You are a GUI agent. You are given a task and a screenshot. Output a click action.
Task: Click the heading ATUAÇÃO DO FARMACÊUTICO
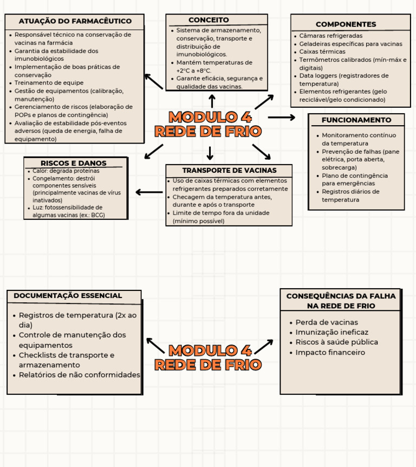coord(75,21)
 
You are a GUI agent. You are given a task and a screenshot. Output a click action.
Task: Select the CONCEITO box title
coord(209,20)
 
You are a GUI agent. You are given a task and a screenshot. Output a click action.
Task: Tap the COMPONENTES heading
coord(346,24)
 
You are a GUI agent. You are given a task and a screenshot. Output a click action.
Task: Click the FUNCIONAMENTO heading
coord(356,120)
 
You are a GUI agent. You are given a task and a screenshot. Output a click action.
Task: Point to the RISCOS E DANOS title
coord(74,163)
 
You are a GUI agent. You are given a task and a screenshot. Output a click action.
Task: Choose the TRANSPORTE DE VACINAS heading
coord(229,170)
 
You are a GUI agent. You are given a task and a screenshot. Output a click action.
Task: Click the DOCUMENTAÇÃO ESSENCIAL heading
coord(68,296)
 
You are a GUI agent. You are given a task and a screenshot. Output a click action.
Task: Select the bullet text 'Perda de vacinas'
coord(327,322)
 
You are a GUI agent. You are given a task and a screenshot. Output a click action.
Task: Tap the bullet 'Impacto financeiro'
coord(330,353)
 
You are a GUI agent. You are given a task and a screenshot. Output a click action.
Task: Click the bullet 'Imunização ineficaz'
coord(331,332)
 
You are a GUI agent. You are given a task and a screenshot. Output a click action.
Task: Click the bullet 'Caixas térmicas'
coord(322,51)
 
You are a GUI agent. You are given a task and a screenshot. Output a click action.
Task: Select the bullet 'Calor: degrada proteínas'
coord(66,171)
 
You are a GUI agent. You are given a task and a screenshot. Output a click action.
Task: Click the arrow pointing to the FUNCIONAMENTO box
coord(281,117)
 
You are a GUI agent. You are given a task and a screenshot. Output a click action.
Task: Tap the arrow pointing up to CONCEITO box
coord(212,101)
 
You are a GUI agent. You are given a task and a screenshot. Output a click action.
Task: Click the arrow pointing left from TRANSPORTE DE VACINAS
coord(149,192)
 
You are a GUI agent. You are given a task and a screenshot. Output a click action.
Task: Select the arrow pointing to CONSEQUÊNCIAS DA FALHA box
coord(264,347)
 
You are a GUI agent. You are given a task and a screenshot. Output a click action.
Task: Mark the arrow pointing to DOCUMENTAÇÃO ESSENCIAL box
coord(155,346)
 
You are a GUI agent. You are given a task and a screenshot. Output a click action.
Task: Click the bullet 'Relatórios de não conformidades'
coord(79,375)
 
